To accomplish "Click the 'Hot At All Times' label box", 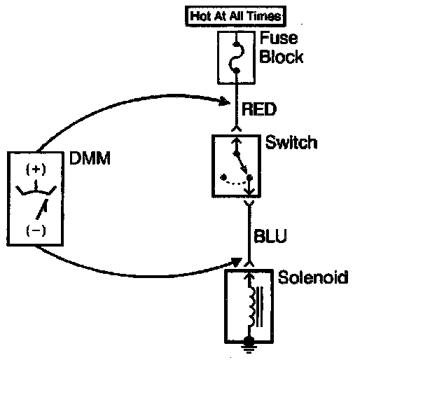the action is pyautogui.click(x=235, y=16).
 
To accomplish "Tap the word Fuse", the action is pyautogui.click(x=279, y=39).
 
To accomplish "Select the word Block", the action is pyautogui.click(x=282, y=57).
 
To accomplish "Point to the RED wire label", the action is pyautogui.click(x=259, y=109).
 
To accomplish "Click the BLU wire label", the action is pyautogui.click(x=270, y=236).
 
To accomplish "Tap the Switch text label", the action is pyautogui.click(x=291, y=142).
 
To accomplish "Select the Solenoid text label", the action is pyautogui.click(x=313, y=277).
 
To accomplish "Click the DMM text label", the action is pyautogui.click(x=90, y=158).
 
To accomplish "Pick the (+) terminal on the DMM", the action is pyautogui.click(x=36, y=169).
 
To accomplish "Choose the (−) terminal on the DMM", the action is pyautogui.click(x=36, y=230).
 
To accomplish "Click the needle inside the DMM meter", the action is pyautogui.click(x=42, y=209).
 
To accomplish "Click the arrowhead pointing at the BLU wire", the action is pyautogui.click(x=236, y=262).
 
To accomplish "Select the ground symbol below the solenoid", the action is pyautogui.click(x=249, y=345).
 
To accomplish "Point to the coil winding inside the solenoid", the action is pyautogui.click(x=251, y=306).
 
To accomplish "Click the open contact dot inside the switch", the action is pyautogui.click(x=223, y=176).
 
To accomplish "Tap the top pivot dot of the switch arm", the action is pyautogui.click(x=237, y=153).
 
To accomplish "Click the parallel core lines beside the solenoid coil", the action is pyautogui.click(x=260, y=307).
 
